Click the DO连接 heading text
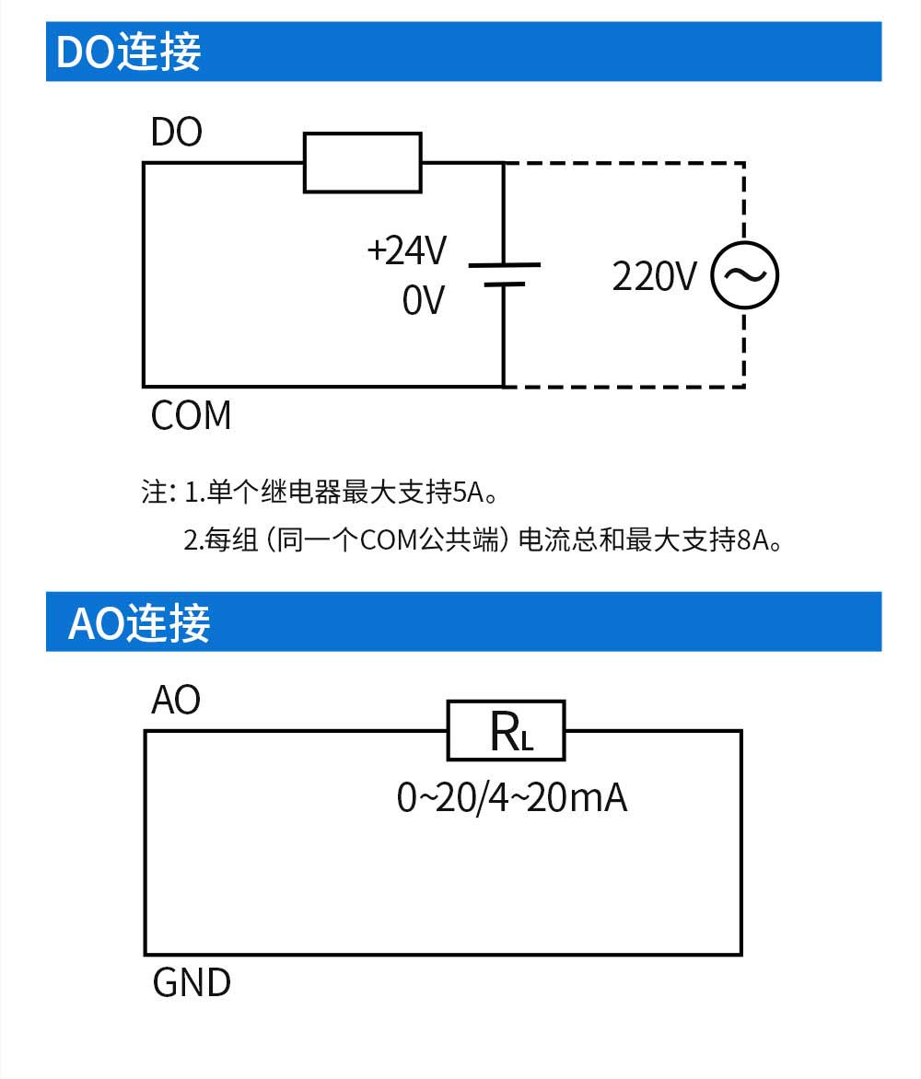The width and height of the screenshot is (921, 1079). click(129, 52)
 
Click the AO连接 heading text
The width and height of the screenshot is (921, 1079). click(140, 623)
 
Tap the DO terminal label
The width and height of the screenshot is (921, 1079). click(177, 133)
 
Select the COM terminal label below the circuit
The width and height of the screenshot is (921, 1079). click(192, 416)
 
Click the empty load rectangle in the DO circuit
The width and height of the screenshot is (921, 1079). click(363, 163)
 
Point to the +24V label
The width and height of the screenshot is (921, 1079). click(407, 250)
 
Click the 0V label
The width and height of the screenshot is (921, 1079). click(424, 300)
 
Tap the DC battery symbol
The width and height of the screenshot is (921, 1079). click(504, 275)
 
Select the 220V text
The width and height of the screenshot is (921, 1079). click(655, 276)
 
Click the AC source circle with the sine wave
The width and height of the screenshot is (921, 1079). click(744, 275)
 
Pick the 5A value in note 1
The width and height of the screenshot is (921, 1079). click(469, 493)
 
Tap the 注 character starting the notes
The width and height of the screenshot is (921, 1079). click(153, 493)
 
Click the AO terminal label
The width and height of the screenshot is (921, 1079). click(176, 702)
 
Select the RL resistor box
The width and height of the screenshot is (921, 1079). click(506, 731)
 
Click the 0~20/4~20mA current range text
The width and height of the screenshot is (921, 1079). click(512, 797)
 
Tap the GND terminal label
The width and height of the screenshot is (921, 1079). click(192, 983)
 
